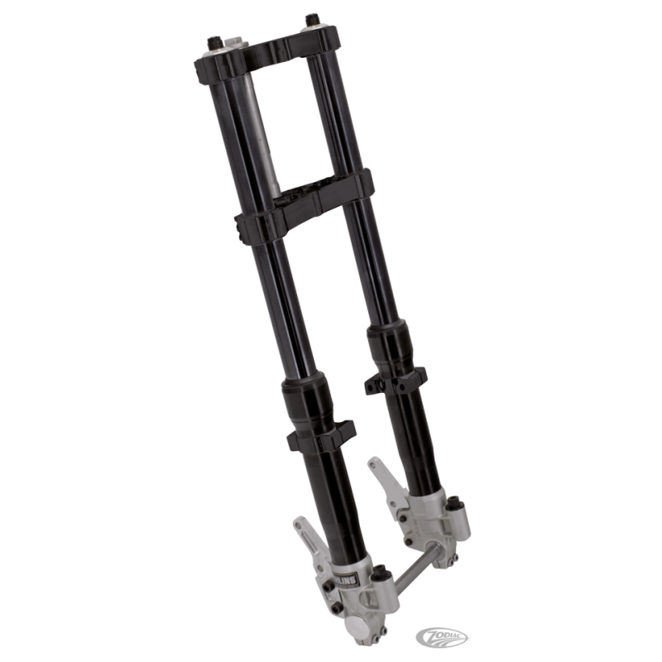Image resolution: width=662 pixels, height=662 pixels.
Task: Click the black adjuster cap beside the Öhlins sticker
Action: click(x=382, y=571)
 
